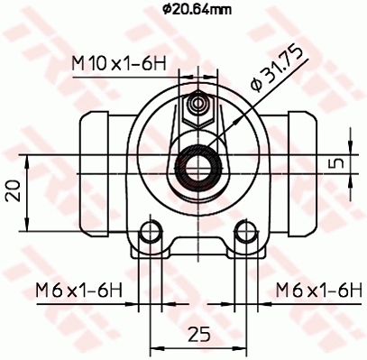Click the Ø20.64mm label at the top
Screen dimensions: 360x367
coord(197,10)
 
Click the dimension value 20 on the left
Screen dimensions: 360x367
coord(12,190)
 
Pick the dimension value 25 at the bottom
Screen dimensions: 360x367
coord(196,334)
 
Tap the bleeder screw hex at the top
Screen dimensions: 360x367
coord(196,109)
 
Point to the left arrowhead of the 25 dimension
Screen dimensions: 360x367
coord(154,348)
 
